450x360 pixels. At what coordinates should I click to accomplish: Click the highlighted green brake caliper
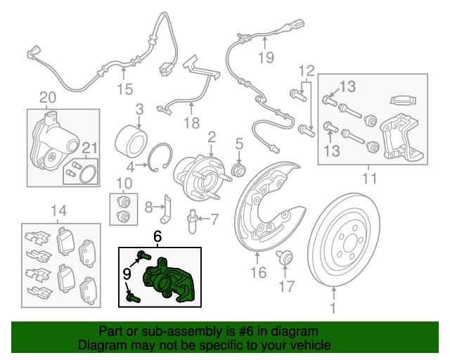pos(169,281)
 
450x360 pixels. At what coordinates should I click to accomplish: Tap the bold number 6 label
pos(157,237)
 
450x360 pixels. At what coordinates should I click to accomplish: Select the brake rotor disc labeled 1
pos(344,240)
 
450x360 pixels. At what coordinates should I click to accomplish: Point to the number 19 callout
pos(266,58)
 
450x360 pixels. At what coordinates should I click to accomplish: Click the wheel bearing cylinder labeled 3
pos(131,143)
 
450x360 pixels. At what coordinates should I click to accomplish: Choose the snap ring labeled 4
pos(160,157)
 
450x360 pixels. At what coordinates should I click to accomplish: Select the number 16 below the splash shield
pos(258,272)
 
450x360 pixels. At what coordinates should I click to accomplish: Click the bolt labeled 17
pos(284,257)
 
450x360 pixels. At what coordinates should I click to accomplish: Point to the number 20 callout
pos(48,98)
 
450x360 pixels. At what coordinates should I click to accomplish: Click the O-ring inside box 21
pos(89,174)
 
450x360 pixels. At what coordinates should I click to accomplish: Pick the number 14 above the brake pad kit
pos(59,211)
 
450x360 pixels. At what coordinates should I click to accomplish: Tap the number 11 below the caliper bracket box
pos(369,179)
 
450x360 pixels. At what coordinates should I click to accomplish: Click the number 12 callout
pos(307,70)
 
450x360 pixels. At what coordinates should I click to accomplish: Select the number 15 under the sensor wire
pos(125,89)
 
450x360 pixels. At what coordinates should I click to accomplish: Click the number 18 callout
pos(191,123)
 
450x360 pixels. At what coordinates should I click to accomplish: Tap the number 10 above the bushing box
pos(124,184)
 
